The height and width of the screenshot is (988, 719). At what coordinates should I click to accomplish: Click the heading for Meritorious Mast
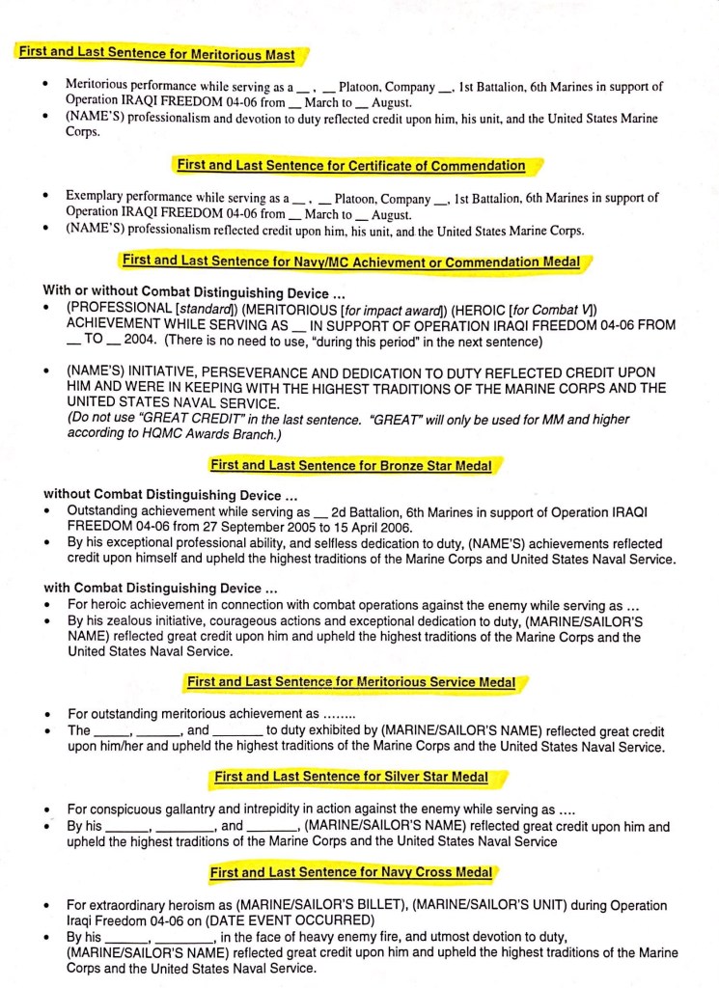[x=156, y=53]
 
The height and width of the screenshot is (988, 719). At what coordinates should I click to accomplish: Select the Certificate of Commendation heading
[x=351, y=166]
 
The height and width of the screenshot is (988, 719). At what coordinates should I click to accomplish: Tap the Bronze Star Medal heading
[x=350, y=465]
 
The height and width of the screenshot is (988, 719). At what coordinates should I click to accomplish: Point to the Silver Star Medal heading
[x=350, y=776]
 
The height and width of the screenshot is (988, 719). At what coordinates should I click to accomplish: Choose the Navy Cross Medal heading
[x=350, y=872]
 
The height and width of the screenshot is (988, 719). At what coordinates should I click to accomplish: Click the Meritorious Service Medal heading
[x=350, y=682]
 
